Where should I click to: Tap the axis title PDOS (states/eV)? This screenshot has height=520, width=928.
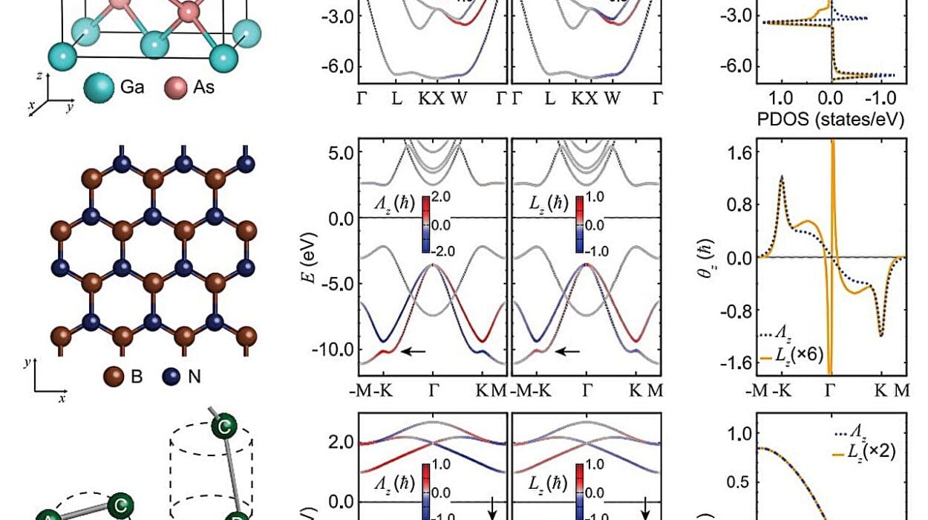(830, 118)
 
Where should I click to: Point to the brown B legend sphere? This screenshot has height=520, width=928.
(115, 376)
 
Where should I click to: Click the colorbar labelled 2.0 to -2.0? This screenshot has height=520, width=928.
(425, 224)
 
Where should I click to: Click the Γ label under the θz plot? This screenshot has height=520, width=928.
(829, 391)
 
